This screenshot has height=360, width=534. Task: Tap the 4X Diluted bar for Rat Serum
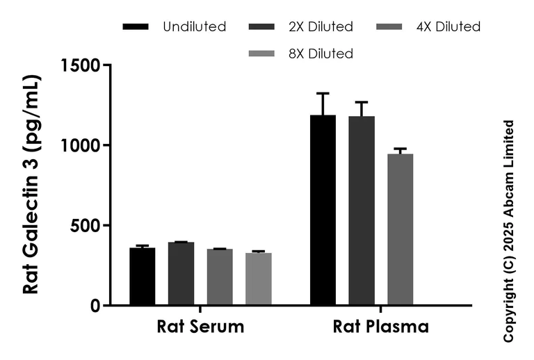pos(220,277)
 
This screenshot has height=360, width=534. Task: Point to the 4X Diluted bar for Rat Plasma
pos(400,229)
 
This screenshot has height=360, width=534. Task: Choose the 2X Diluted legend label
pos(321,27)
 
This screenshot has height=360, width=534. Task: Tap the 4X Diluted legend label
pos(448,27)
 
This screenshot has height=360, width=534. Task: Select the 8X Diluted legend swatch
pos(261,54)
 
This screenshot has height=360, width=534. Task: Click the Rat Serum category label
pos(200,327)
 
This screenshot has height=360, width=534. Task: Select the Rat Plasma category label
pos(380,327)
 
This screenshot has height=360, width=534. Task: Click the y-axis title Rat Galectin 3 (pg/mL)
pos(32,185)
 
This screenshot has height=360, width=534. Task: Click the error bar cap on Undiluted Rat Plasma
pos(323,93)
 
